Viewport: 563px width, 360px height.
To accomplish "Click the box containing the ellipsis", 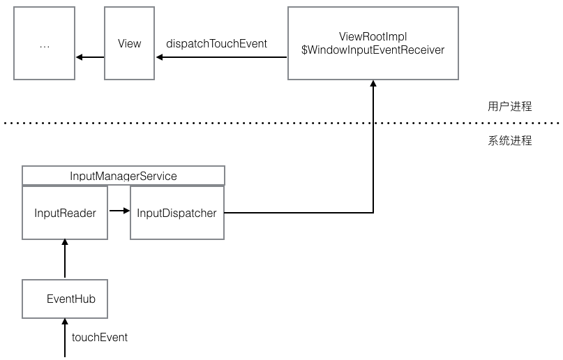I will click(x=45, y=43).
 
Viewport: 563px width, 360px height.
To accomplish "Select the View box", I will click(x=129, y=43).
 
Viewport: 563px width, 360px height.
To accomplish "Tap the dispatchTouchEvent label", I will click(x=216, y=43).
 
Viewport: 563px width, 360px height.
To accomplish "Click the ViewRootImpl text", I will click(x=373, y=36).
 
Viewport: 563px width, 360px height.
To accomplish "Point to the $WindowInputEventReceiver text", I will click(x=373, y=50).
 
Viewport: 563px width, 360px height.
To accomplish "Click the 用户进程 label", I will click(x=509, y=107).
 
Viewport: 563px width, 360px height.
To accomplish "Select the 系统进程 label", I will click(x=509, y=141).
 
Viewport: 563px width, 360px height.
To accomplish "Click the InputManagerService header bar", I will click(x=123, y=176).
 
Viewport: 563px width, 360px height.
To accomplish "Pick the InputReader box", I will click(x=65, y=213).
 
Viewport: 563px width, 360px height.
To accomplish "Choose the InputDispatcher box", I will click(x=177, y=213).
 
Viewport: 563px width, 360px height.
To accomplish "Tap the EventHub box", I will click(x=65, y=299).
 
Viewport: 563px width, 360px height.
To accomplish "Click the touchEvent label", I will click(x=100, y=338).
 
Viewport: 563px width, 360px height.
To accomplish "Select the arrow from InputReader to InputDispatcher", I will click(x=119, y=210).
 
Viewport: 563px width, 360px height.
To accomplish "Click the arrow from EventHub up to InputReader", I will click(x=65, y=260).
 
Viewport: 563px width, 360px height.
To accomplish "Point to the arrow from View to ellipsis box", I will click(x=90, y=57).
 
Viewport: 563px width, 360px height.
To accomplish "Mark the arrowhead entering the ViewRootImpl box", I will click(x=373, y=84).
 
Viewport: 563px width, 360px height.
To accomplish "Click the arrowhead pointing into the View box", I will click(x=160, y=57).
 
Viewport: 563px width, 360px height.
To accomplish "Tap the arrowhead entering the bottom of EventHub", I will click(x=65, y=322).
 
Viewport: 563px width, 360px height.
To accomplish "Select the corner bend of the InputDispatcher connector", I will click(x=373, y=212).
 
